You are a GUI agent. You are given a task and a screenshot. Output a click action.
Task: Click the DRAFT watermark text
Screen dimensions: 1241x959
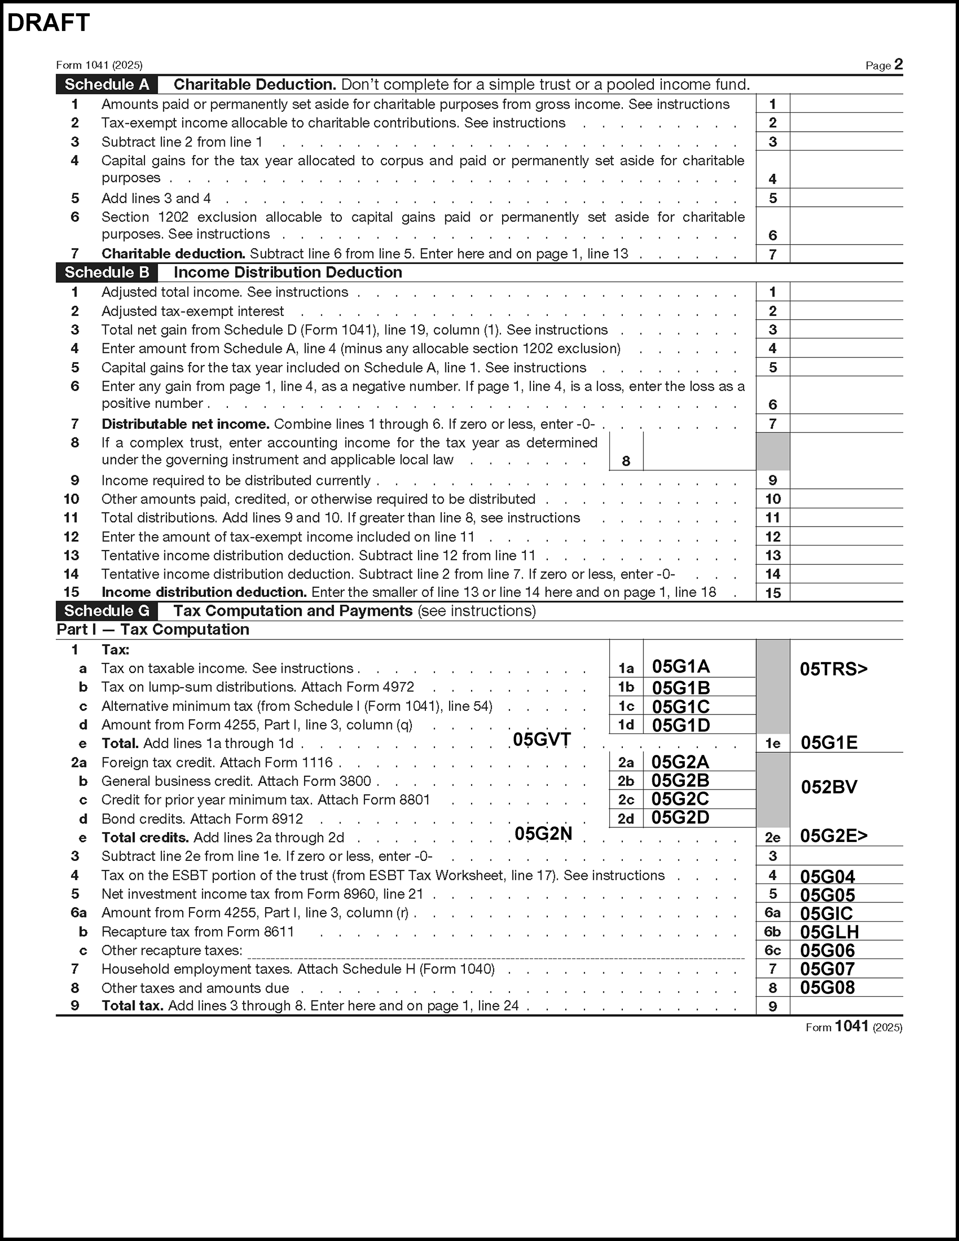click(48, 23)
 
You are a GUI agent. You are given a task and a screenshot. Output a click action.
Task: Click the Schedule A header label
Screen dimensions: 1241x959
click(107, 85)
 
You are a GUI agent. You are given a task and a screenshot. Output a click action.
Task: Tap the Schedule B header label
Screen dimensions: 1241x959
click(107, 273)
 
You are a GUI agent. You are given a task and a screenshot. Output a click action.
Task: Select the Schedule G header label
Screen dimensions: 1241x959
click(107, 611)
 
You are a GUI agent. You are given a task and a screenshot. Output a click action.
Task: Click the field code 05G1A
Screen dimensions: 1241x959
click(681, 667)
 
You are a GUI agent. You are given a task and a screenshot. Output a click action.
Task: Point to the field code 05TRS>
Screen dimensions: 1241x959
click(833, 669)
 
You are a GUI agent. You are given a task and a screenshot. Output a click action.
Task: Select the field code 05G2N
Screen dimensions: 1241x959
click(543, 834)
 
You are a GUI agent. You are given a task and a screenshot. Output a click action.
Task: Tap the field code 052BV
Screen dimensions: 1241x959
click(829, 787)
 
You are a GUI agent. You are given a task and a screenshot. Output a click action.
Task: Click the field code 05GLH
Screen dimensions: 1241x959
click(829, 932)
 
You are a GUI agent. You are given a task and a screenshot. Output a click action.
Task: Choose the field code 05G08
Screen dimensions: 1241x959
click(827, 987)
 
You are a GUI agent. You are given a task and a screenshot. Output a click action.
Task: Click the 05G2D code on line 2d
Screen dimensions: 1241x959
click(680, 818)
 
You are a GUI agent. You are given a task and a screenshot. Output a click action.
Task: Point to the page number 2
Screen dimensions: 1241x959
click(898, 64)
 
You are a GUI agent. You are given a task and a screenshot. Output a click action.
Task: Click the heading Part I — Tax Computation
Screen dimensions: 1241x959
click(153, 629)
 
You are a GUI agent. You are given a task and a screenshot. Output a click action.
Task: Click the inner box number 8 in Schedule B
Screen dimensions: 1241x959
click(626, 461)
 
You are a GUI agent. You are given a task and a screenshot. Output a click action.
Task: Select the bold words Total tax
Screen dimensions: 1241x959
click(132, 1006)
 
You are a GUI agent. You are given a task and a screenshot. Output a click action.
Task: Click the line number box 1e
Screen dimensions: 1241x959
click(773, 743)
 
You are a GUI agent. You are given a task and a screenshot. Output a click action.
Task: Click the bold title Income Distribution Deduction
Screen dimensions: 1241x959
click(288, 273)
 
